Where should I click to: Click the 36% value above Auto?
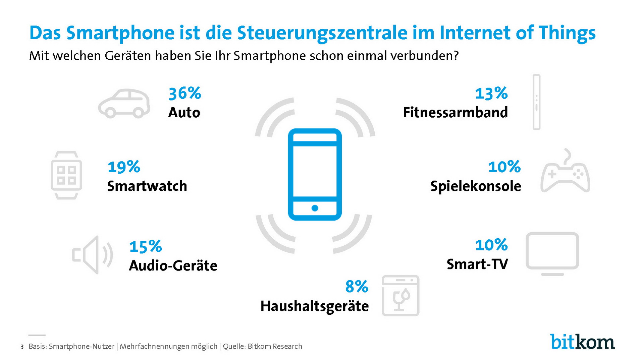coord(184,93)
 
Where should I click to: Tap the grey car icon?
coord(124,104)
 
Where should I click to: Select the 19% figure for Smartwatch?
coord(124,167)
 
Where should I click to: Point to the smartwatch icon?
coord(66,175)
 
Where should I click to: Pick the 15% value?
coord(145,246)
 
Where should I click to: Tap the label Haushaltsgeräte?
coord(314,306)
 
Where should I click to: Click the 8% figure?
coord(357,287)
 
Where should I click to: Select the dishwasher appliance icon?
coord(400,296)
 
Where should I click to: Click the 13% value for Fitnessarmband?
coord(491,93)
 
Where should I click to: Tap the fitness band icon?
coord(536,102)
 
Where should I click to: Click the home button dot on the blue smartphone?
coord(315,208)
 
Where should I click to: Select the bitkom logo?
coord(582,342)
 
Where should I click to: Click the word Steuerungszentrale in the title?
coord(322,33)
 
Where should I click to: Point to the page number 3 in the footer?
coord(22,347)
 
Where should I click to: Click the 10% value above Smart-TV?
coord(491,245)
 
